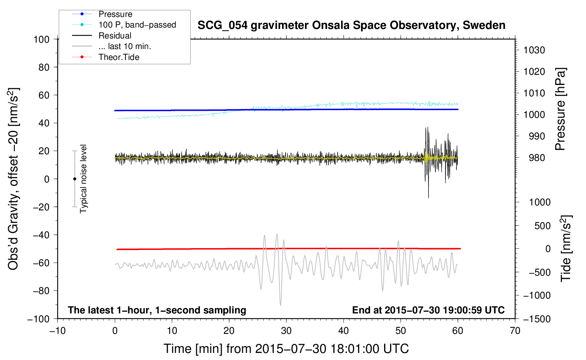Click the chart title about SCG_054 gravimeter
(x=351, y=25)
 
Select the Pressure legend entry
(x=115, y=14)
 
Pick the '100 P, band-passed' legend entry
(x=137, y=25)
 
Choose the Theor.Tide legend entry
(x=119, y=57)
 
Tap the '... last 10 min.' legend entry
(x=125, y=46)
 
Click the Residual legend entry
(x=115, y=36)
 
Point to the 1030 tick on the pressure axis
(x=534, y=50)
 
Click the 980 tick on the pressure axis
(x=537, y=158)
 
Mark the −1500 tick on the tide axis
(x=537, y=319)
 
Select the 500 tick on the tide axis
(x=542, y=226)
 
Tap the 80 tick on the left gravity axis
(x=44, y=67)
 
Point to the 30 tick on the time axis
(x=286, y=331)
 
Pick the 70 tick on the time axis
(x=515, y=331)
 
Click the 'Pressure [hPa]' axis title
(x=560, y=109)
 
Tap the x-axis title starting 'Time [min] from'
(x=286, y=349)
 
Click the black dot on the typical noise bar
(x=74, y=179)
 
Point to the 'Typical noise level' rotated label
(x=83, y=179)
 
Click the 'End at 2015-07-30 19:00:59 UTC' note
(x=428, y=310)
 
